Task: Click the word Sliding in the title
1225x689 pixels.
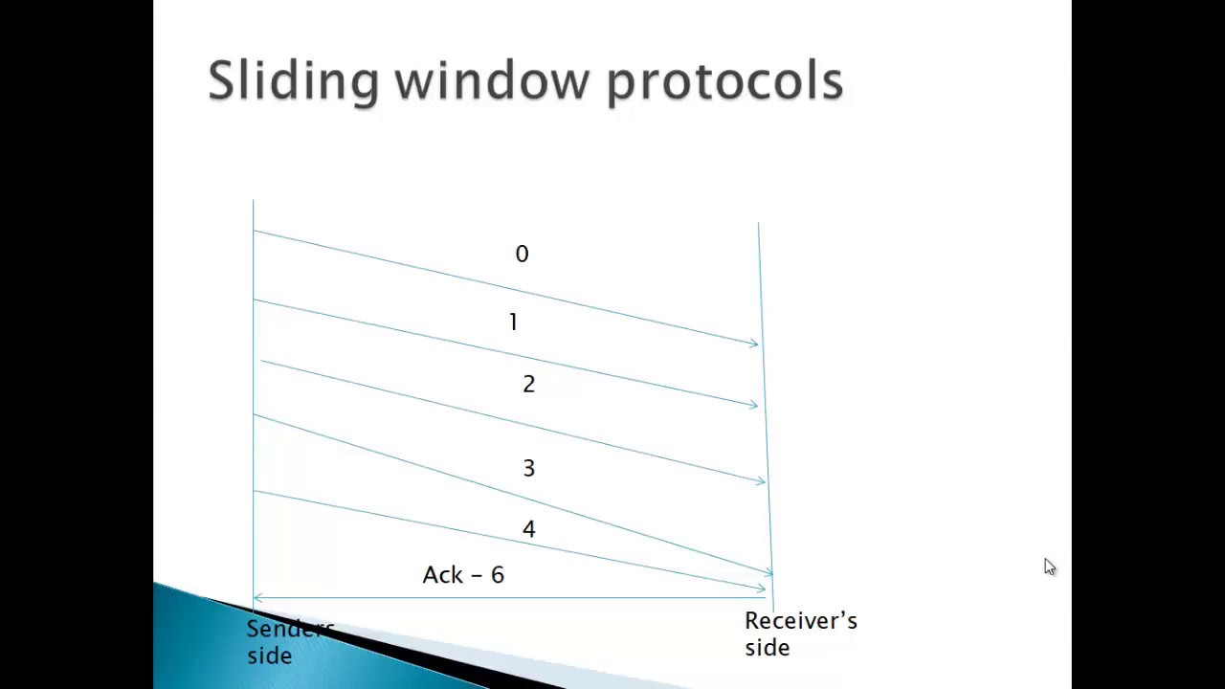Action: pyautogui.click(x=292, y=80)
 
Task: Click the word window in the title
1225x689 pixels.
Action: pyautogui.click(x=491, y=80)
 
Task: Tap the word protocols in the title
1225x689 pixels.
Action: pyautogui.click(x=724, y=80)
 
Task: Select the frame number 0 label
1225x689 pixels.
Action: pyautogui.click(x=522, y=254)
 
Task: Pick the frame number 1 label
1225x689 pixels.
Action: pyautogui.click(x=513, y=322)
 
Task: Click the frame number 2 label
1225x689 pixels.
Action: pyautogui.click(x=528, y=384)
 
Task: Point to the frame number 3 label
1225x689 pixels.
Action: pyautogui.click(x=528, y=468)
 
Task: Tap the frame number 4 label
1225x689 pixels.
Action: pyautogui.click(x=528, y=529)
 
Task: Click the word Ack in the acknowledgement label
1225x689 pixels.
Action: pyautogui.click(x=442, y=574)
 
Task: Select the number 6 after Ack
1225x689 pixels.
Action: pyautogui.click(x=497, y=574)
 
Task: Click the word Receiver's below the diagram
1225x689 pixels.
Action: pyautogui.click(x=800, y=621)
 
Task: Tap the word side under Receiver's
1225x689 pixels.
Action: pyautogui.click(x=767, y=648)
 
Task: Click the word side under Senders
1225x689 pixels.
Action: pyautogui.click(x=269, y=656)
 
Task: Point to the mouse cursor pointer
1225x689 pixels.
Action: pyautogui.click(x=1049, y=567)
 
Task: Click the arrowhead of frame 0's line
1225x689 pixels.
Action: pyautogui.click(x=755, y=343)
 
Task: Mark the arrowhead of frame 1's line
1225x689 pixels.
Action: pyautogui.click(x=754, y=405)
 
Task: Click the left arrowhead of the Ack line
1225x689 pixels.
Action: pyautogui.click(x=256, y=598)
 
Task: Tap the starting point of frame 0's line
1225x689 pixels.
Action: pyautogui.click(x=254, y=231)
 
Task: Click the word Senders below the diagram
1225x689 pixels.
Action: pyautogui.click(x=290, y=629)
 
